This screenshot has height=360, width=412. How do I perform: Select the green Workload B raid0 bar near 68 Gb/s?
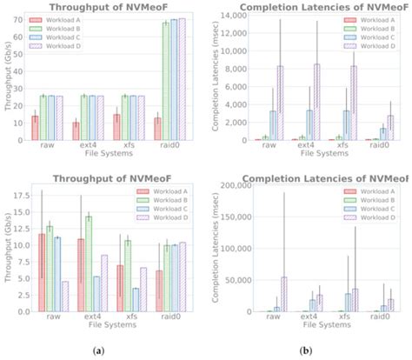pyautogui.click(x=165, y=82)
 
